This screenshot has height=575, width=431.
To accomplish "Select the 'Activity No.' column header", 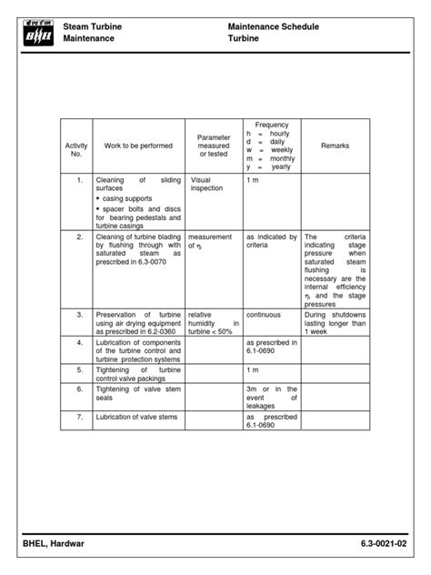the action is (76, 150).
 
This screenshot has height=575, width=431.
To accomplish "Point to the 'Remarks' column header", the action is (335, 146).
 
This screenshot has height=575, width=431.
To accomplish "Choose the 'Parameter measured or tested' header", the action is (215, 146).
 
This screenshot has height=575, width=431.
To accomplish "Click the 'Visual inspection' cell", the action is (206, 185).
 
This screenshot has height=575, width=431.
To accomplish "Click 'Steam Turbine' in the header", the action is (93, 28).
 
